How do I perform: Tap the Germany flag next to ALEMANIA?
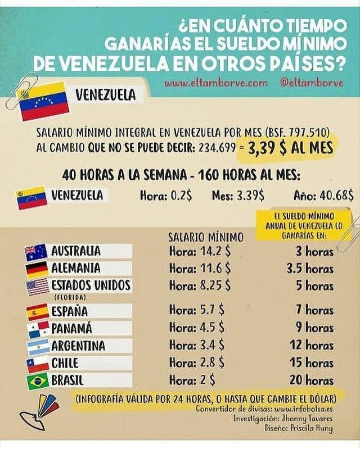[x=37, y=269]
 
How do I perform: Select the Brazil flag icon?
[x=37, y=381]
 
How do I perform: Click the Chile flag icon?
[x=37, y=364]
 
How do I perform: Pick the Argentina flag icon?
[x=37, y=346]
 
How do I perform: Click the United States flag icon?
[x=37, y=287]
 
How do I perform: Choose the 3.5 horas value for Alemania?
[x=310, y=269]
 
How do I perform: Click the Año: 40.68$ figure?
[x=323, y=196]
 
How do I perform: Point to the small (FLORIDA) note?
[x=70, y=296]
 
